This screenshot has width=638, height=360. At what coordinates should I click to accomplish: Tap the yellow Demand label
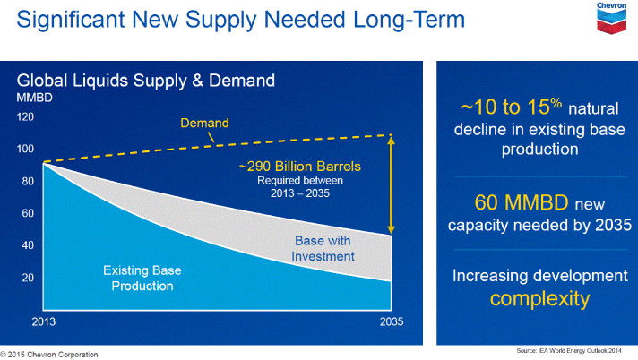[204, 123]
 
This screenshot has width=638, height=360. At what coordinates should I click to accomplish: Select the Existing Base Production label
[137, 278]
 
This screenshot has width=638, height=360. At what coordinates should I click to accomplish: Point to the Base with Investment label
[324, 248]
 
